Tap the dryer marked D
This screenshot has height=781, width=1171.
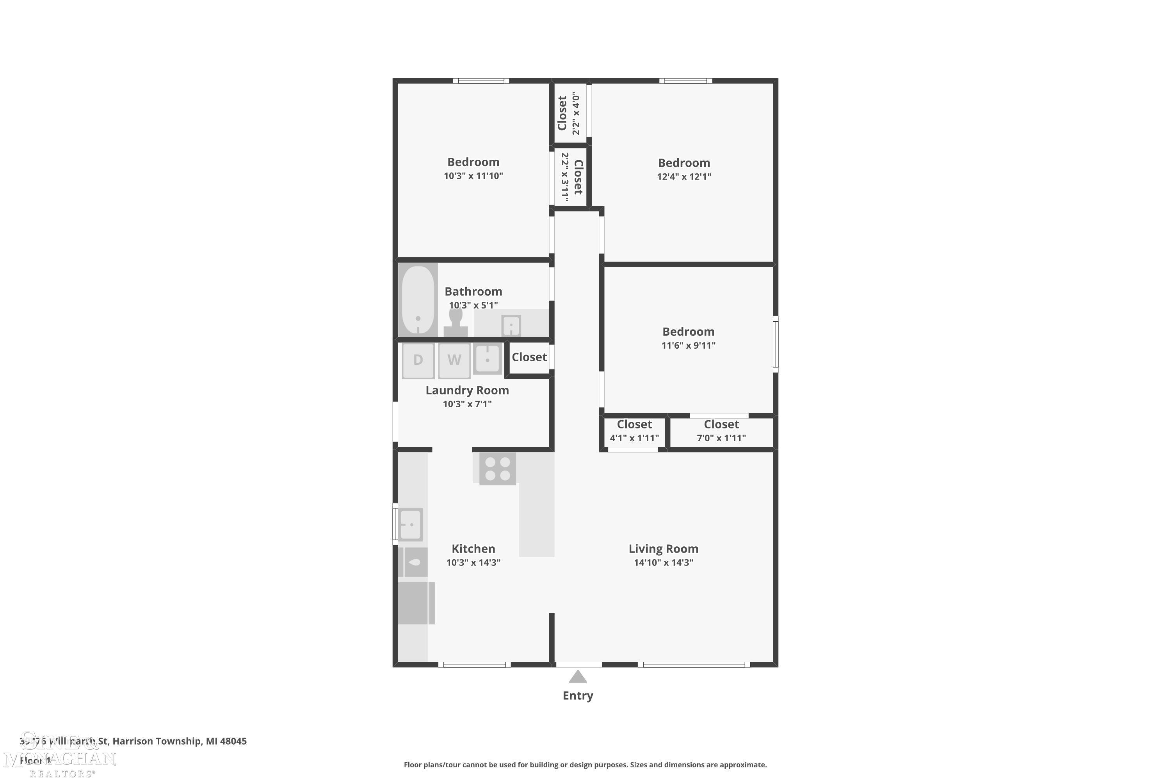point(418,360)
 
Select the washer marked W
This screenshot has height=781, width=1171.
point(454,360)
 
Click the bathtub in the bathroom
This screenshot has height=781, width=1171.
point(418,300)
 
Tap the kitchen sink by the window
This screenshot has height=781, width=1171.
point(411,524)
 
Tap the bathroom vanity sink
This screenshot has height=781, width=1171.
point(511,326)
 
